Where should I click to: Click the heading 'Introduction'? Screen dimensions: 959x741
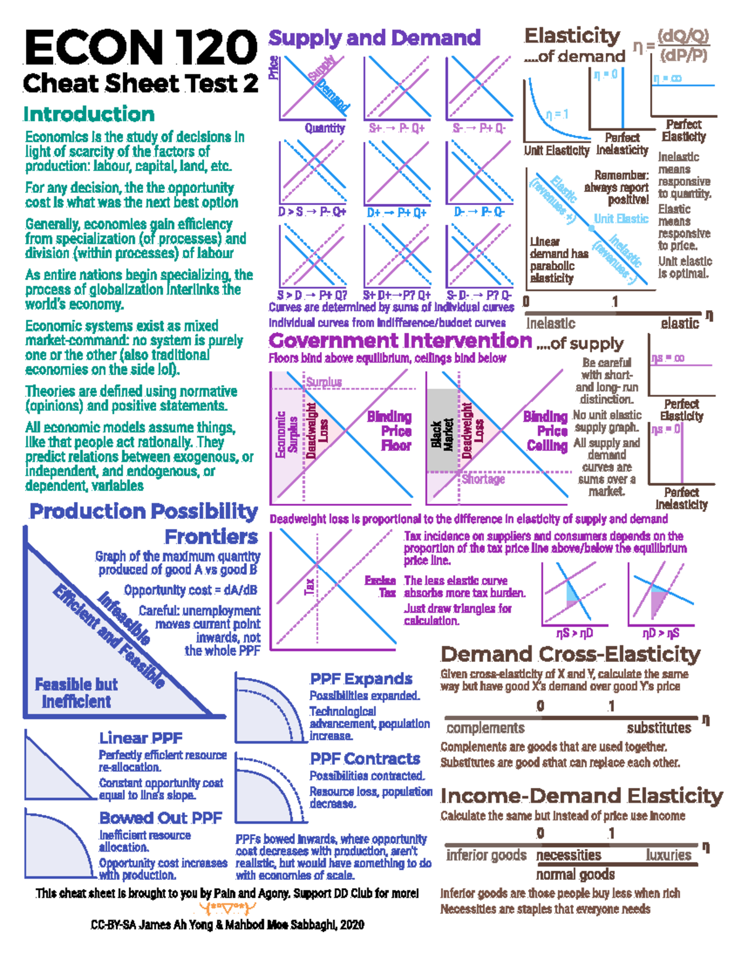[89, 114]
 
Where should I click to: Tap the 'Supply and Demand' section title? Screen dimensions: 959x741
[374, 38]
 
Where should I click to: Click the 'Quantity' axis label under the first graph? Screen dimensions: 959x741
[324, 128]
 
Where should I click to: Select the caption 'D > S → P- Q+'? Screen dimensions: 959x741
[312, 212]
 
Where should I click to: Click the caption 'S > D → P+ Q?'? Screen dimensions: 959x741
[312, 295]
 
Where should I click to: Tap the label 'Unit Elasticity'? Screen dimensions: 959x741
[556, 151]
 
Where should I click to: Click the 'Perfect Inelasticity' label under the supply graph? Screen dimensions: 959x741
[681, 498]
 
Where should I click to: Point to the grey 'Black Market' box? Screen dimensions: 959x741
[442, 431]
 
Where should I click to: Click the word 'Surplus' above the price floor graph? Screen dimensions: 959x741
[324, 382]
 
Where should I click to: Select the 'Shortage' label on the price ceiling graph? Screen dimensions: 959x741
[483, 479]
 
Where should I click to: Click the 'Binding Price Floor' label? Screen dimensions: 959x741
[389, 431]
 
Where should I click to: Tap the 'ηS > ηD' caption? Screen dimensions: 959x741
[574, 634]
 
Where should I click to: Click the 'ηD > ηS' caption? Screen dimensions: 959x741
[661, 634]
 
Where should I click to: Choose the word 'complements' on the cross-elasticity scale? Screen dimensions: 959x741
[485, 728]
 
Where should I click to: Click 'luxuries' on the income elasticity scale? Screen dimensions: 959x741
[669, 855]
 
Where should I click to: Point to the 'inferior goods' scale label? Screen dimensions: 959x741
[486, 855]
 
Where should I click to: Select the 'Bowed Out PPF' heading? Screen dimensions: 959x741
[161, 818]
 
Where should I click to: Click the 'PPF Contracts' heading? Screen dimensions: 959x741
[365, 759]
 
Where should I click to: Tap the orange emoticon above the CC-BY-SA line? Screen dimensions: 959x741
[227, 908]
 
